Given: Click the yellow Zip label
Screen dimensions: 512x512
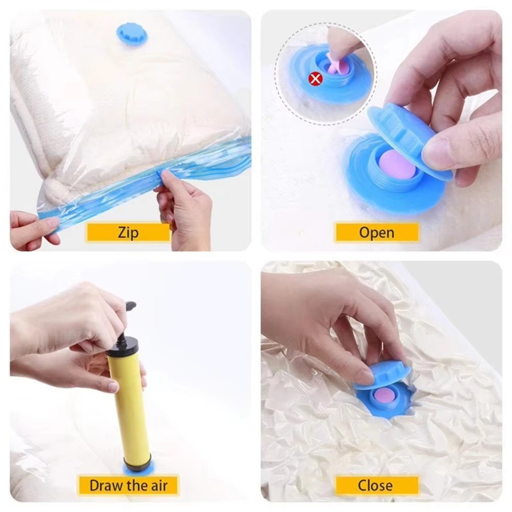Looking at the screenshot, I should [128, 233].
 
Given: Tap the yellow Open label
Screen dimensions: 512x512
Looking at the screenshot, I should [376, 233].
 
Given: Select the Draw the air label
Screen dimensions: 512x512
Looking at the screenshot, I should [128, 484].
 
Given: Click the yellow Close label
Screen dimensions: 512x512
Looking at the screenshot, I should [376, 484].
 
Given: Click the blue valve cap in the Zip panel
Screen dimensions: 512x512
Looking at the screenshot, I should [132, 34].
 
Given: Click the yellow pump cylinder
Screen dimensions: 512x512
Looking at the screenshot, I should [128, 404].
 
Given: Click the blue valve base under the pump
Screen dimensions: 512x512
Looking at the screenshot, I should [138, 469].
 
